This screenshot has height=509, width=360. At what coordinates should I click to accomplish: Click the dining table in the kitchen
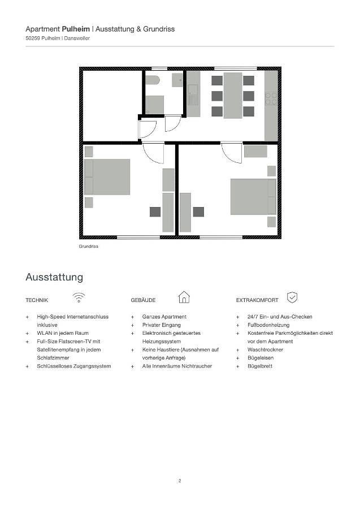232,95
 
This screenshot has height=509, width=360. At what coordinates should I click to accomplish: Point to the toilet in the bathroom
153,80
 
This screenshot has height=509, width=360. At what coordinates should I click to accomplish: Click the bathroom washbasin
177,80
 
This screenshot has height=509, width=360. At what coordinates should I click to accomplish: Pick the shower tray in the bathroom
154,105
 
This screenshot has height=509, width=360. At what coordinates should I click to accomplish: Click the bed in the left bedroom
107,176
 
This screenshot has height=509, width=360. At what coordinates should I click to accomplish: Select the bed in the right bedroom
253,196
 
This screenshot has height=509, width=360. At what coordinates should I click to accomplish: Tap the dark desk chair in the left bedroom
155,212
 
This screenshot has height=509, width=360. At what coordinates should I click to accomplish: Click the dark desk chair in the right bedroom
198,212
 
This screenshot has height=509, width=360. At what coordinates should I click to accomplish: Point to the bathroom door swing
172,123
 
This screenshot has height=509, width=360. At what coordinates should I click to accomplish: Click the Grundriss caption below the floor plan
89,247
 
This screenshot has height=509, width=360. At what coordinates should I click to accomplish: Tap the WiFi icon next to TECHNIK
79,297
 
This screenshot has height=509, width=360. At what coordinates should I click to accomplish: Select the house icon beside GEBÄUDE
184,297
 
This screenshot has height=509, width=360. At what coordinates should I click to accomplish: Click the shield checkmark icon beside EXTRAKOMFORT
292,297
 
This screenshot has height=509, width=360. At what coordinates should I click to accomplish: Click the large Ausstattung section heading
54,277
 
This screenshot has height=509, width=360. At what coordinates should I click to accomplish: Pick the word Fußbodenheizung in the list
268,325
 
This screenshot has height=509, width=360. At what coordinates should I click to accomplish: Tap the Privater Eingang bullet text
161,325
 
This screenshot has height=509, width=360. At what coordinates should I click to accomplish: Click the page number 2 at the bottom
180,481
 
